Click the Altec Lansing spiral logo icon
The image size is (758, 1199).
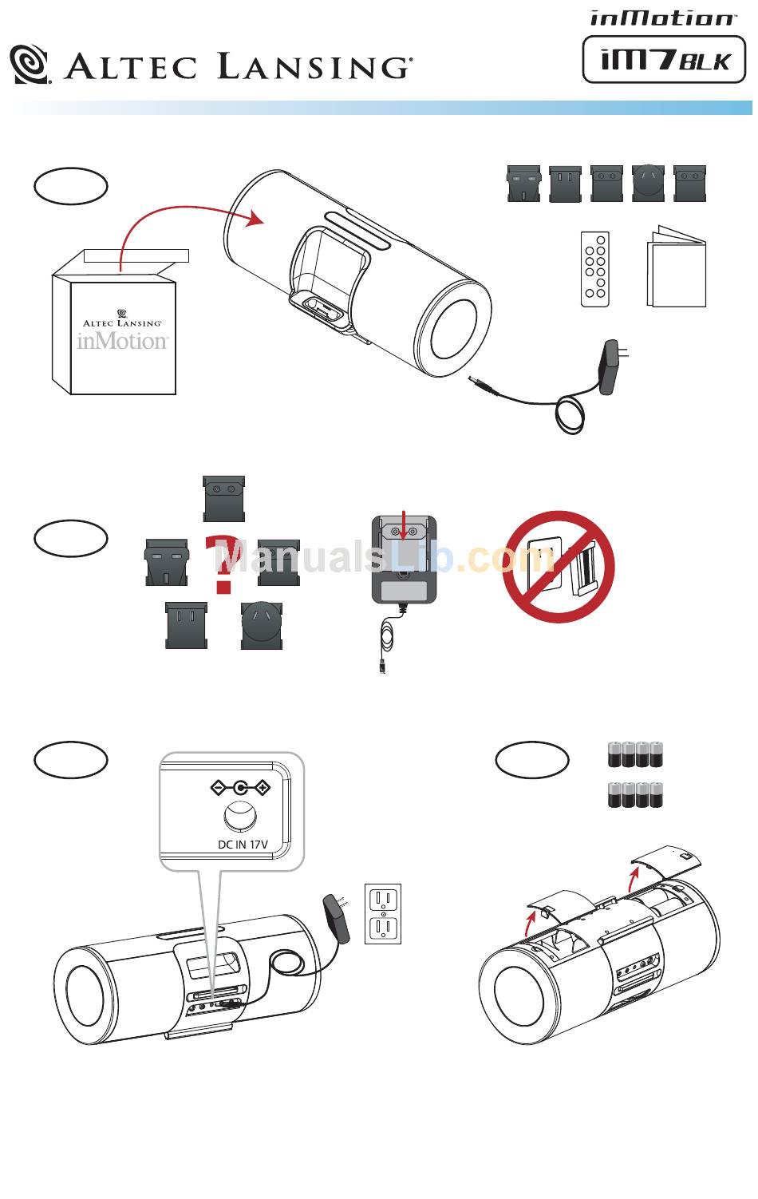point(30,64)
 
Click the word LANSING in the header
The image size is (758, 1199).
point(313,66)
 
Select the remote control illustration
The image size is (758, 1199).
point(595,270)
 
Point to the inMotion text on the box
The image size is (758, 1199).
point(123,341)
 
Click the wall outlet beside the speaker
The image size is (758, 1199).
point(382,913)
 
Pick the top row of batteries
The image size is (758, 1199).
point(635,754)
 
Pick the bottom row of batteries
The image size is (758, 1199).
point(635,796)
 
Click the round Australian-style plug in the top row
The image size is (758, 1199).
point(648,183)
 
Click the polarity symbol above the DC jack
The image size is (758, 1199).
point(240,789)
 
